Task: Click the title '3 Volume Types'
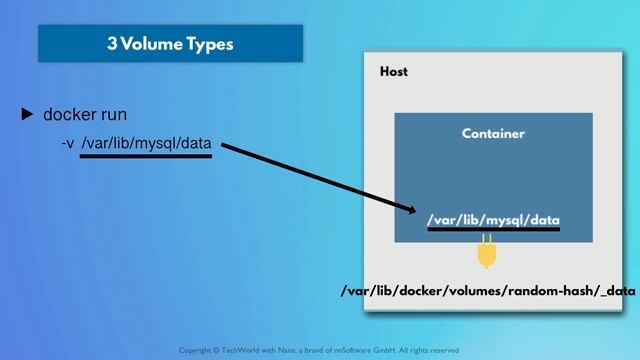point(170,44)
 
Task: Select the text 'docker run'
point(85,115)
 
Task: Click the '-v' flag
point(68,144)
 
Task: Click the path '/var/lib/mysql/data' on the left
point(146,144)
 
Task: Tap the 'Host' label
point(394,72)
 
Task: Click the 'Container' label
point(493,133)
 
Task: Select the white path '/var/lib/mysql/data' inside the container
point(493,219)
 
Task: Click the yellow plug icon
point(487,253)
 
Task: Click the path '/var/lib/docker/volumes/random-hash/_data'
point(489,291)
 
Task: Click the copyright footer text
point(319,350)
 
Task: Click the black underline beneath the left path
point(146,156)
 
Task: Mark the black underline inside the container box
point(493,230)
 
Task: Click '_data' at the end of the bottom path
point(617,291)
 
